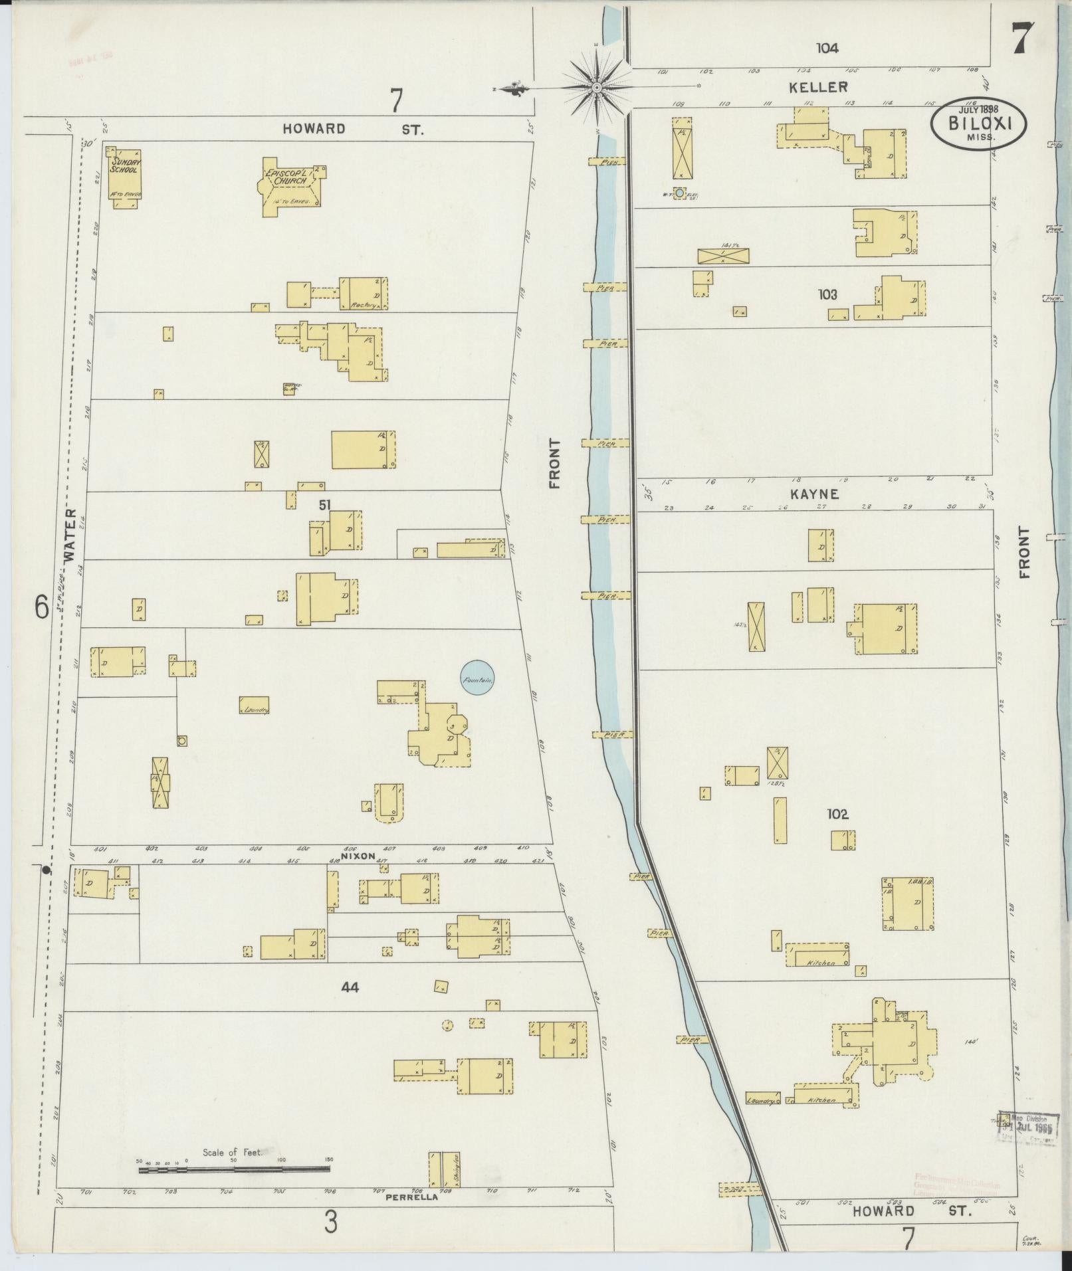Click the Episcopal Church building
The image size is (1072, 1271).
(290, 186)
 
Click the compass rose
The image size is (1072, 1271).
(596, 87)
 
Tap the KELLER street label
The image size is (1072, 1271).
(818, 87)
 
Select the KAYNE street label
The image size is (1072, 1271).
(814, 494)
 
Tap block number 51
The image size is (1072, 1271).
(324, 505)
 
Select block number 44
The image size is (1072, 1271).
(350, 988)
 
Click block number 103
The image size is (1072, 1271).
(827, 294)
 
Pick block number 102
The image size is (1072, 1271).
(837, 814)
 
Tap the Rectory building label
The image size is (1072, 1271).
(364, 306)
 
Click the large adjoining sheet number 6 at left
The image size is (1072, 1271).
(41, 607)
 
